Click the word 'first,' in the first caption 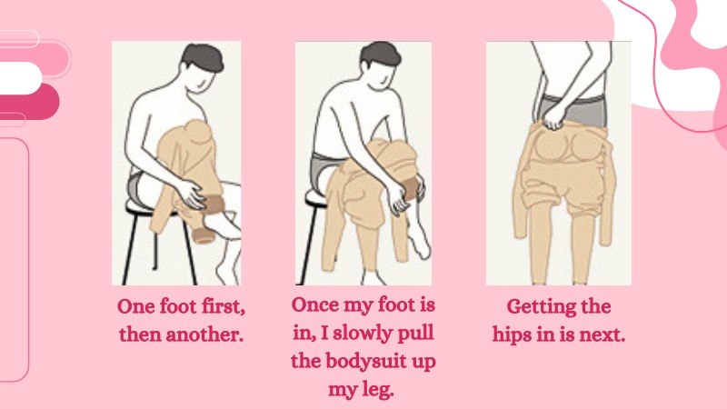point(223,307)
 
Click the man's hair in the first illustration point(202,56)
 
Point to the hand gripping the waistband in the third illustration point(554,118)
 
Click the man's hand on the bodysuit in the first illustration point(191,194)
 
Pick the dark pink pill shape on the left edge point(29,102)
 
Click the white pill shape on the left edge point(20,77)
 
